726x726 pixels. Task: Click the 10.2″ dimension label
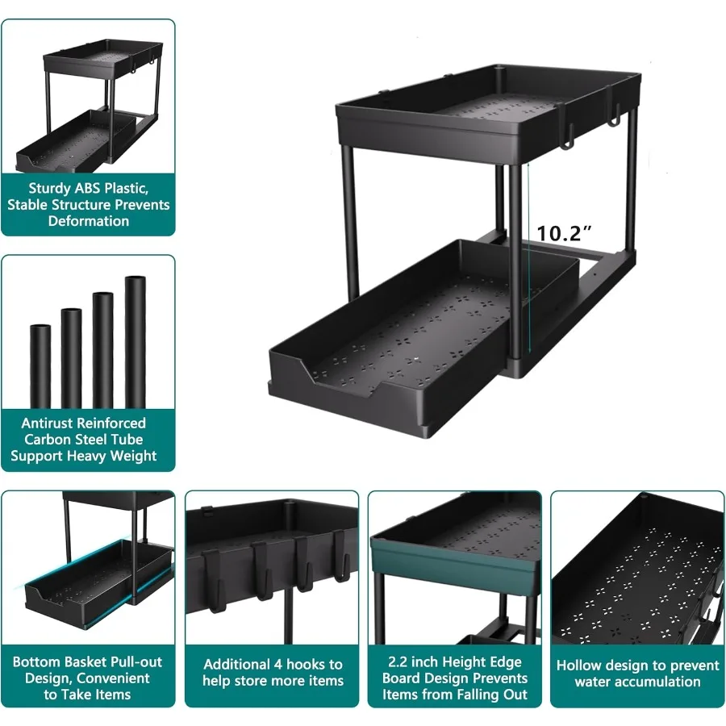[x=565, y=233]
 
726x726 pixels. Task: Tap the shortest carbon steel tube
[x=40, y=367]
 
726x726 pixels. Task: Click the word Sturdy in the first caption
[x=51, y=188]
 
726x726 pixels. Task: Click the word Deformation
[x=89, y=221]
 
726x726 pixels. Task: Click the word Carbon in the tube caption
[x=48, y=440]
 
